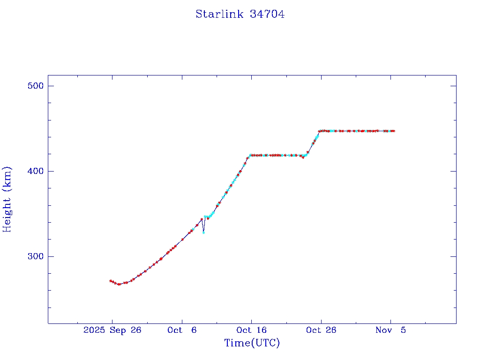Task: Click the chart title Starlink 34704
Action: point(240,14)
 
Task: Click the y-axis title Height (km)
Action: point(7,199)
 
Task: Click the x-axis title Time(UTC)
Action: point(252,343)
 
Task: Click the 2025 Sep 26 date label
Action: point(112,330)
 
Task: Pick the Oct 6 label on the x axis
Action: point(182,330)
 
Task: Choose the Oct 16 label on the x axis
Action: point(251,330)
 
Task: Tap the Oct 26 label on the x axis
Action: point(321,330)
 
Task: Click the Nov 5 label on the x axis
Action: point(390,330)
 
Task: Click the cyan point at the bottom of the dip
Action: point(203,232)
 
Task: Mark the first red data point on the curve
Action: point(110,281)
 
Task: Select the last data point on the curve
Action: point(394,131)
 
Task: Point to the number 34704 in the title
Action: point(267,14)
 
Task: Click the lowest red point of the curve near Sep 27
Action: point(119,284)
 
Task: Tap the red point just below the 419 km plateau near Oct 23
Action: point(303,157)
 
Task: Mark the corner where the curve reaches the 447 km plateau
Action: point(319,131)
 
